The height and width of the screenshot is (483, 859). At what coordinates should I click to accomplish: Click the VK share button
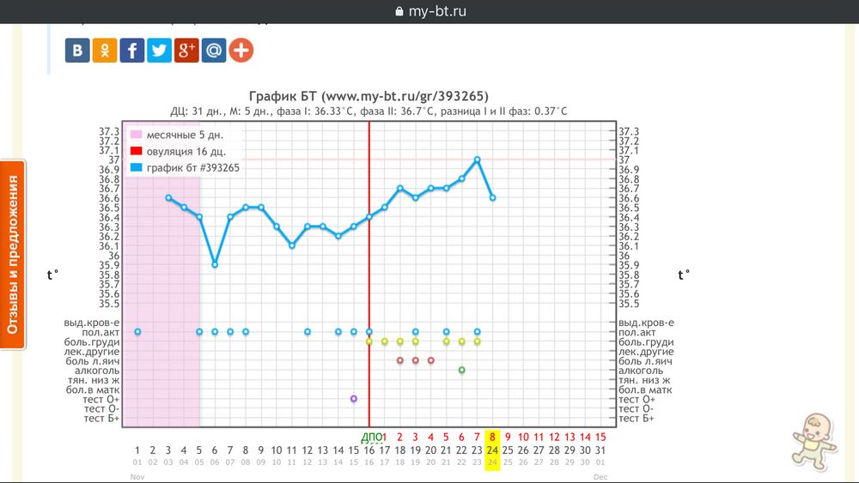point(77,51)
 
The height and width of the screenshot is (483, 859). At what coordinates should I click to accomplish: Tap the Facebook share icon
point(131,51)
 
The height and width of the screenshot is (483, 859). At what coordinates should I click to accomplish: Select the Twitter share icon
point(159,51)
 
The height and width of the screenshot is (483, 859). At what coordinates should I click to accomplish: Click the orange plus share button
point(241,51)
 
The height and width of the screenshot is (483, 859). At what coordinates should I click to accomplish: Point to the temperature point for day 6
point(215,264)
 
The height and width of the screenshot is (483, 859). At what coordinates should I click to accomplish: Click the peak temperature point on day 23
point(477,160)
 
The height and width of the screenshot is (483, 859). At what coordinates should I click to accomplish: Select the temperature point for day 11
point(292,245)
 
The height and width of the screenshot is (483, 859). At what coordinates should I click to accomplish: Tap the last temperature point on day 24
point(492,197)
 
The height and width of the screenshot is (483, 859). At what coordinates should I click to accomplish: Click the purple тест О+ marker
point(354,399)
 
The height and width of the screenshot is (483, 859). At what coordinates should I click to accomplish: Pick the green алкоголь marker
point(461,370)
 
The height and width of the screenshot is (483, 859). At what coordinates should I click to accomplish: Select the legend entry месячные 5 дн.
point(180,136)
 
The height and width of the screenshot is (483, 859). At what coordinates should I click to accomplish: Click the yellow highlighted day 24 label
point(492,450)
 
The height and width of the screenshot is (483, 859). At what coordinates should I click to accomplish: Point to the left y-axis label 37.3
point(109,131)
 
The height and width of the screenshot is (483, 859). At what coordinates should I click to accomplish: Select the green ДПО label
point(369,437)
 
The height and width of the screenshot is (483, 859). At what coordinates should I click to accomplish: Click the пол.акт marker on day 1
point(137,331)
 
